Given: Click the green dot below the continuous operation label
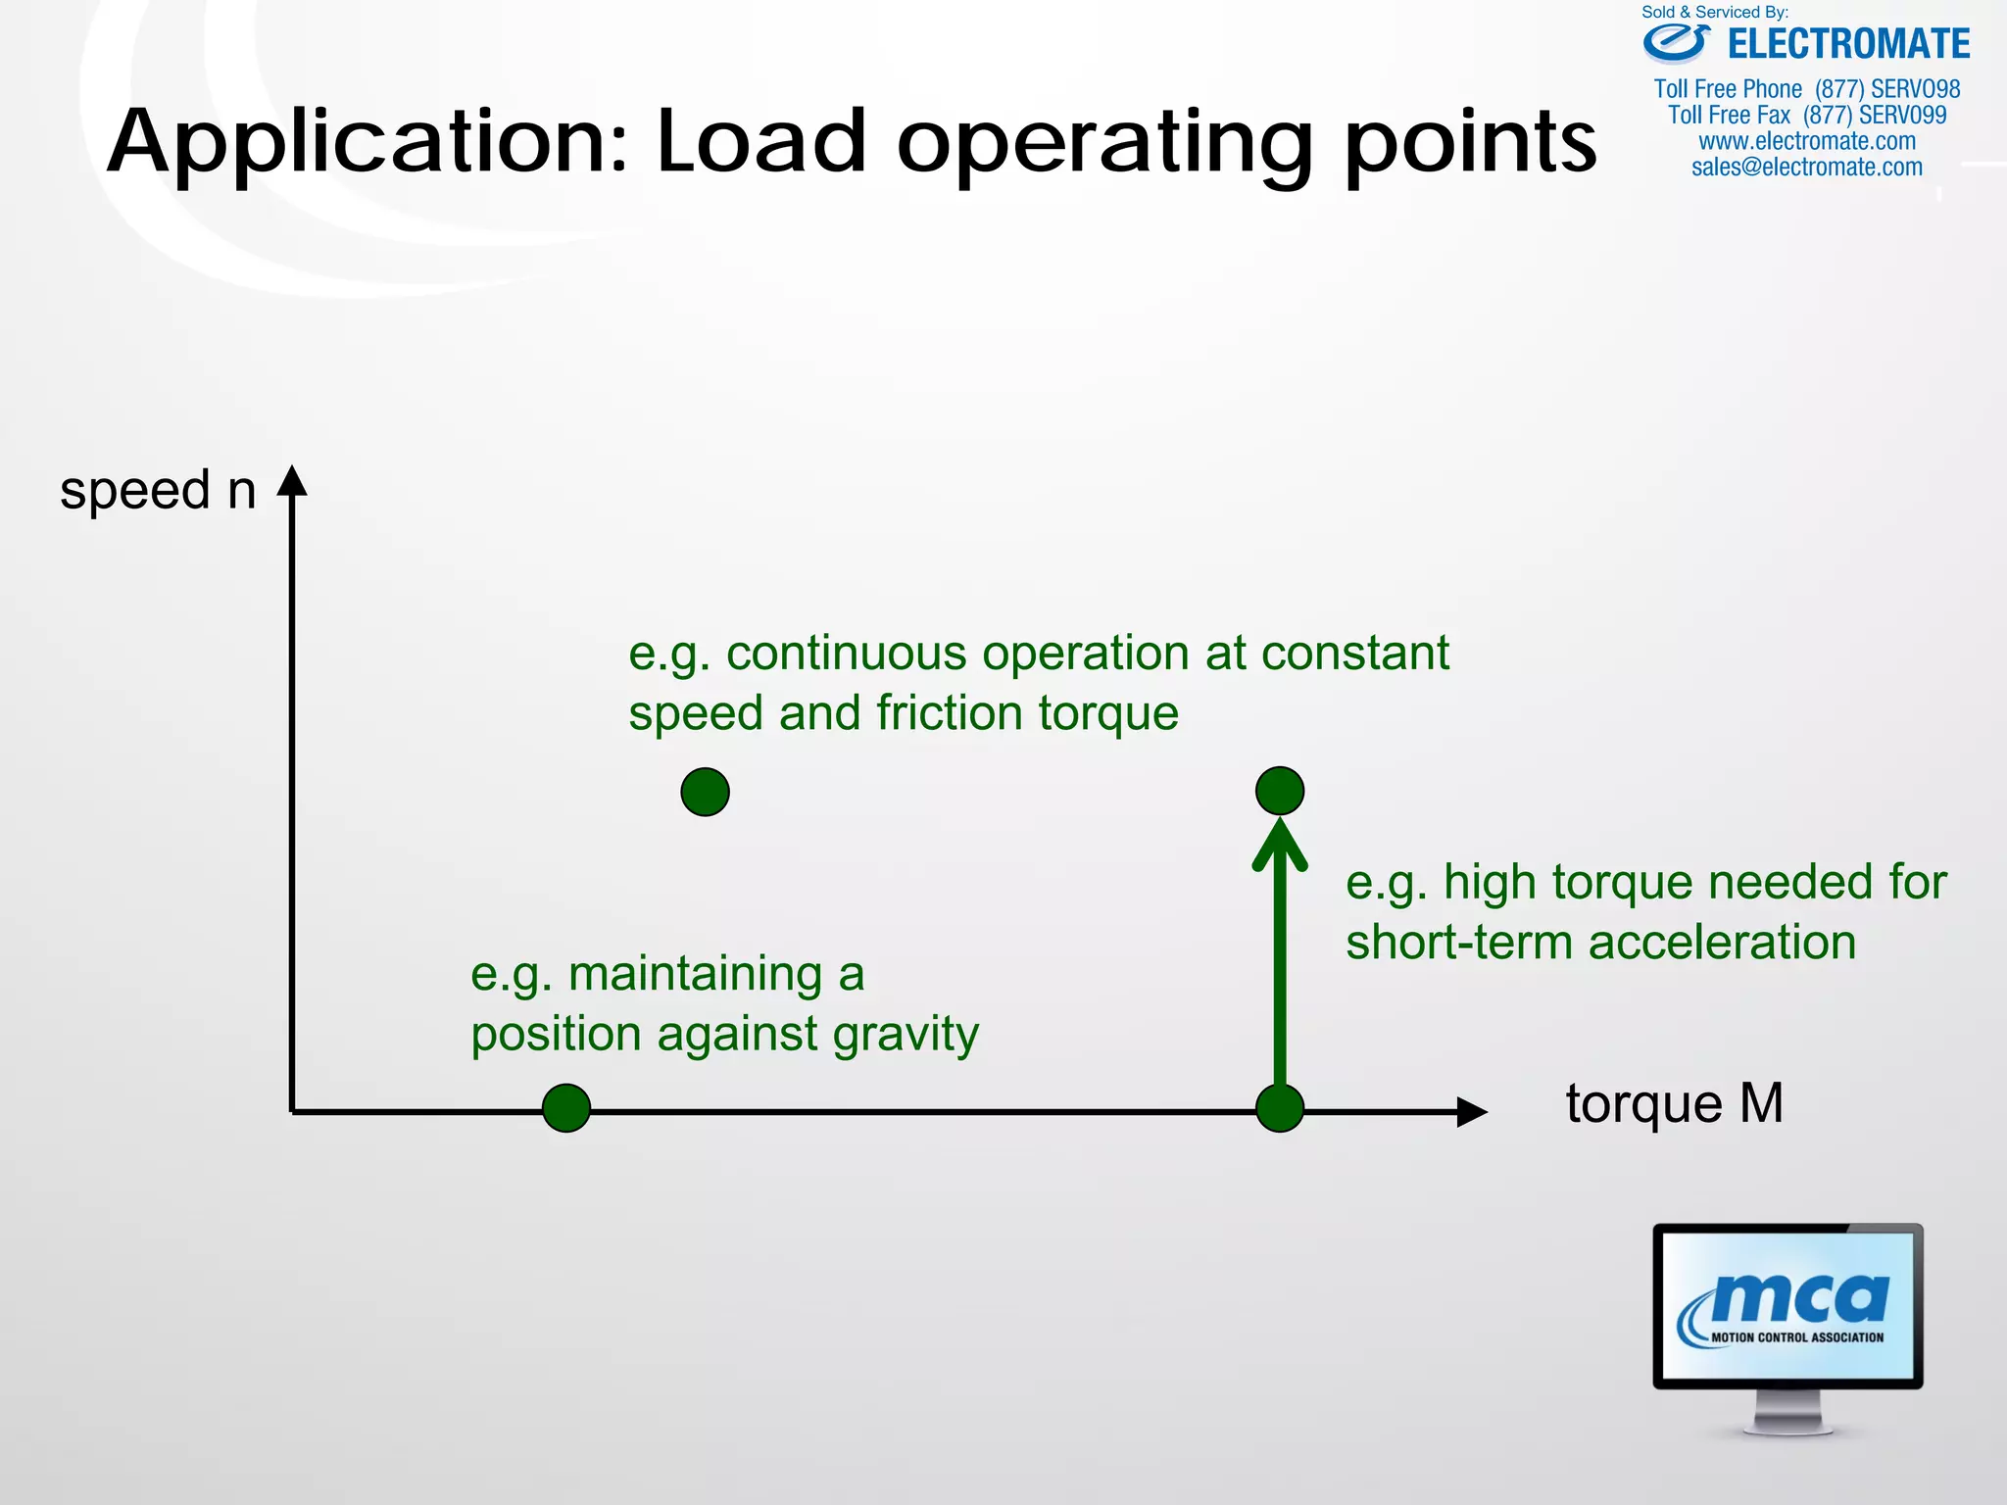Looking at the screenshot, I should click(705, 792).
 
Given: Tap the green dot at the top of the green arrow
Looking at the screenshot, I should click(1279, 791).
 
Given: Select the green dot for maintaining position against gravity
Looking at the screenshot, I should click(566, 1108).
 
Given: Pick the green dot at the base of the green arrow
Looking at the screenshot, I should click(1279, 1108).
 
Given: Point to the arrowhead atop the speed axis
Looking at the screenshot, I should click(292, 481).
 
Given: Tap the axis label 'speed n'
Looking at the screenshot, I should click(158, 490).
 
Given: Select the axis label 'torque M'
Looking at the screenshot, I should click(1674, 1104).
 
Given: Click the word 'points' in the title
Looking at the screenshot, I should click(1470, 142).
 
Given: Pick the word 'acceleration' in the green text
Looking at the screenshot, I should click(1722, 943).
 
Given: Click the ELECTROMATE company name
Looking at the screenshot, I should click(1848, 45).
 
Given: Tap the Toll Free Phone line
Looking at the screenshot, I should click(1806, 89).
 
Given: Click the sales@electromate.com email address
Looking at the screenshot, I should click(1806, 168).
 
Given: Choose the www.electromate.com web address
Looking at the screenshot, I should click(1806, 141).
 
